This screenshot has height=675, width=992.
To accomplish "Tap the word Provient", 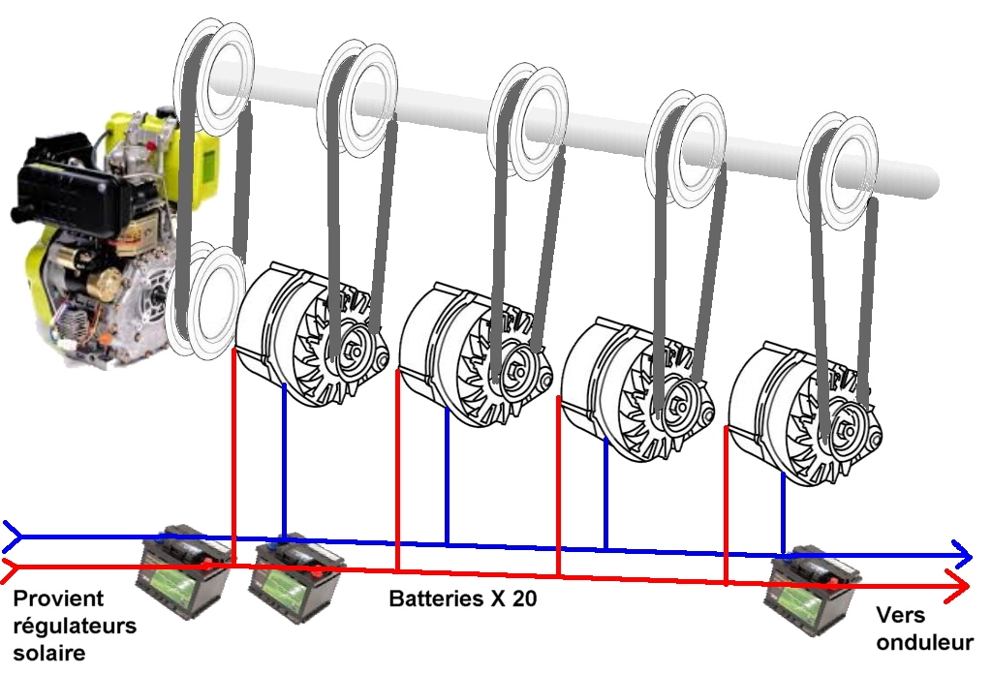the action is pyautogui.click(x=58, y=598).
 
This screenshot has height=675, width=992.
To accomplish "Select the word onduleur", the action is pyautogui.click(x=924, y=642).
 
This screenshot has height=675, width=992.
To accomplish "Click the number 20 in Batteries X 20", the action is pyautogui.click(x=524, y=598).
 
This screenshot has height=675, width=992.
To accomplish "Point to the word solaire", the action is pyautogui.click(x=49, y=652).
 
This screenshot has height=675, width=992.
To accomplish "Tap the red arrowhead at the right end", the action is pyautogui.click(x=957, y=585).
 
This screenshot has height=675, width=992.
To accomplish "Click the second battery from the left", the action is pyautogui.click(x=295, y=579).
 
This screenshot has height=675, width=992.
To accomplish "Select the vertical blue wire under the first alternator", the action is pyautogui.click(x=284, y=462).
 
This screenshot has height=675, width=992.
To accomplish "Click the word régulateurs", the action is pyautogui.click(x=75, y=627).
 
